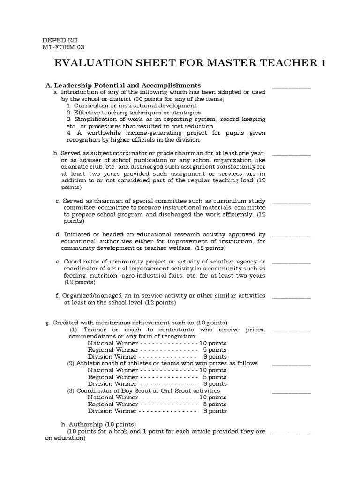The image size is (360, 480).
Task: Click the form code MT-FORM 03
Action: pos(63,47)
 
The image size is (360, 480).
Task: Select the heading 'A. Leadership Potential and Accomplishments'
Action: pos(123,85)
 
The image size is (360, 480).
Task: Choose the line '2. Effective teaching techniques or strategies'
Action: pos(133,113)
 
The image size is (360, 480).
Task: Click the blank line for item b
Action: pos(292,155)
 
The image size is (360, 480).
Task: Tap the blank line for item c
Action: pos(292,202)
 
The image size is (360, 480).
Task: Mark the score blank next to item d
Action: pos(292,236)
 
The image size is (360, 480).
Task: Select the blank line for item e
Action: pos(292,263)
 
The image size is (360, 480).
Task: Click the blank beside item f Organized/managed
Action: pos(292,297)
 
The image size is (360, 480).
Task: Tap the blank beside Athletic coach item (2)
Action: pos(292,365)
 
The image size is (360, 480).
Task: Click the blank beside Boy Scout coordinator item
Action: pos(292,392)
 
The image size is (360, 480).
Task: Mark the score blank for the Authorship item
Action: pos(292,433)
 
